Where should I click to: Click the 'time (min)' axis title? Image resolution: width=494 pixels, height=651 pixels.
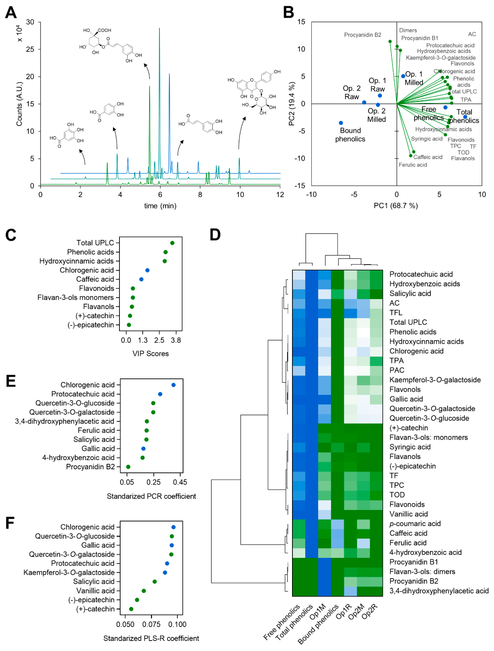pos(160,206)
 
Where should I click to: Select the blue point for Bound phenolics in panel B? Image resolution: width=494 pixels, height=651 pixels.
pos(341,123)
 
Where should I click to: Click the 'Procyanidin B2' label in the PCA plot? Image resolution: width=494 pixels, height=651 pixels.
pos(362,35)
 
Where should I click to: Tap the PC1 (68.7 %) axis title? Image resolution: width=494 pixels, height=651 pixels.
pos(396,206)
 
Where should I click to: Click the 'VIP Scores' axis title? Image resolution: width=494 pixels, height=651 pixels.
pos(150,354)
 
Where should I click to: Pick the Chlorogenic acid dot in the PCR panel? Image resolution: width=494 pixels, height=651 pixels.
pos(173,385)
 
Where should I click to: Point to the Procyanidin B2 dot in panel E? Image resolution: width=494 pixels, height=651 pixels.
pos(128,467)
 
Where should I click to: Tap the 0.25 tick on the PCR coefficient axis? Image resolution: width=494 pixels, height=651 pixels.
pos(153,482)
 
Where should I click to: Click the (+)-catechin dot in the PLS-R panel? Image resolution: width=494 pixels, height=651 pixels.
pos(131,609)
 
